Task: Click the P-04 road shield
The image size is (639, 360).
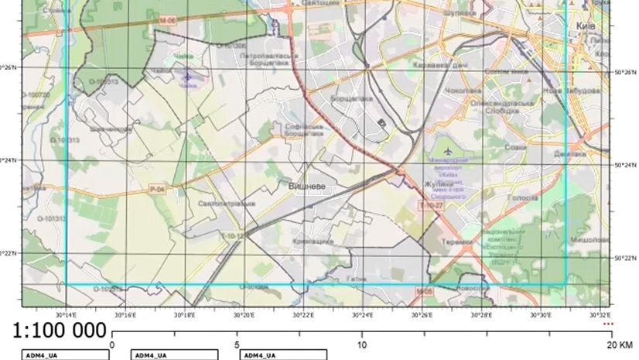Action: (157, 189)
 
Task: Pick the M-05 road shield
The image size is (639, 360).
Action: (422, 291)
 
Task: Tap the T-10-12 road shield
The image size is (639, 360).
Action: (233, 235)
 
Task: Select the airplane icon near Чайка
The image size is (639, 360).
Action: (186, 75)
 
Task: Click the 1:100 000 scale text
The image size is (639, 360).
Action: (59, 331)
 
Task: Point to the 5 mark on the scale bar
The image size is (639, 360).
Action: (237, 344)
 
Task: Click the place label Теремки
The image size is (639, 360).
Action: (458, 242)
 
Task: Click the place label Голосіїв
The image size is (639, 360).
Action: (524, 197)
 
